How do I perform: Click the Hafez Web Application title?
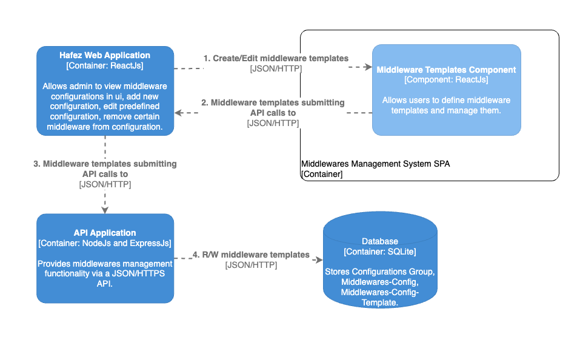tap(105, 55)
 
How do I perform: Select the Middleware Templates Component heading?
tap(446, 70)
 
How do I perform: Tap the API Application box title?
tap(105, 233)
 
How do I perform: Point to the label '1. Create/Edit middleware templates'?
tap(276, 59)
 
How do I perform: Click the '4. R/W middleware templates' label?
tap(251, 255)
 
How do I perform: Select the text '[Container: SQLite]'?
tap(380, 252)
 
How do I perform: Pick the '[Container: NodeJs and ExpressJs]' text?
tap(105, 243)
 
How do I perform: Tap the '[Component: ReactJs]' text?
tap(446, 79)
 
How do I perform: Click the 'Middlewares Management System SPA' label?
tap(376, 164)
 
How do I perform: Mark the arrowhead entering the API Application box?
tap(105, 209)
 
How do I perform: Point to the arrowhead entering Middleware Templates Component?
tap(367, 68)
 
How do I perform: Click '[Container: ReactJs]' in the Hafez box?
tap(105, 65)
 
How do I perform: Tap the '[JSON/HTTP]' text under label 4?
tap(251, 265)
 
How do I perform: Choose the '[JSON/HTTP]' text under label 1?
tap(276, 69)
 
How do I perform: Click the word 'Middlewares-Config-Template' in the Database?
tap(380, 297)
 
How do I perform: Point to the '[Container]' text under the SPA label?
tap(322, 174)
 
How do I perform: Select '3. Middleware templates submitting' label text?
tap(105, 164)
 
